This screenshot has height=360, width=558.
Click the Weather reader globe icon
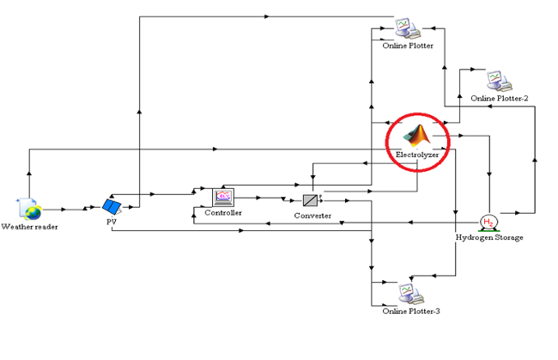tap(32, 209)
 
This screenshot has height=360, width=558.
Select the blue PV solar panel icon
tap(112, 206)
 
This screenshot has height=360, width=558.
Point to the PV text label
tap(110, 220)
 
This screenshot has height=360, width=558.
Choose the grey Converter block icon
tap(311, 201)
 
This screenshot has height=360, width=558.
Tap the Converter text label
tap(312, 216)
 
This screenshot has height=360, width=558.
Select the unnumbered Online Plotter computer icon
tap(407, 28)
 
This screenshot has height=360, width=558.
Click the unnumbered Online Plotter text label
tap(408, 46)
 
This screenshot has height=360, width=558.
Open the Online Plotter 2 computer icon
tap(498, 81)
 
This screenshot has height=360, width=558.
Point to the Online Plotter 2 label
tap(500, 98)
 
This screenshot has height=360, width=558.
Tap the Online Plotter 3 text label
tap(411, 310)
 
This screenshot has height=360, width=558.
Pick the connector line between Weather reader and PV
tap(73, 208)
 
